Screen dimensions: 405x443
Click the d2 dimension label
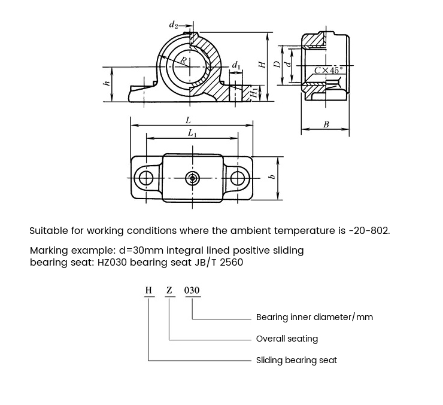(x=173, y=25)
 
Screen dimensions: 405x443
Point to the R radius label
(x=184, y=60)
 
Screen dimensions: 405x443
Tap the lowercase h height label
(x=107, y=84)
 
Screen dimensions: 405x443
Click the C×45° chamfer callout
(x=330, y=71)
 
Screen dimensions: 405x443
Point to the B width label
(x=326, y=124)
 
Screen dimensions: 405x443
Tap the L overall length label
(x=188, y=121)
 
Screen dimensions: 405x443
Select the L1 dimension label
(x=191, y=133)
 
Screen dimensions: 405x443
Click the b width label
(x=272, y=176)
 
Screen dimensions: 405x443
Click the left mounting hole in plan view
(x=144, y=178)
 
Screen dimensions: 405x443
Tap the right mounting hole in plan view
(x=238, y=178)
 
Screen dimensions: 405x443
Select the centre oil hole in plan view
(x=192, y=178)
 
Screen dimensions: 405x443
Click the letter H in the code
(x=148, y=291)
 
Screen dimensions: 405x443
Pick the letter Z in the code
(x=169, y=291)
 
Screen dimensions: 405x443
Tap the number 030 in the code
(x=192, y=291)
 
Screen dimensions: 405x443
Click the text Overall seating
(x=287, y=339)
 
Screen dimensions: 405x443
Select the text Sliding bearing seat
(x=296, y=360)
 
